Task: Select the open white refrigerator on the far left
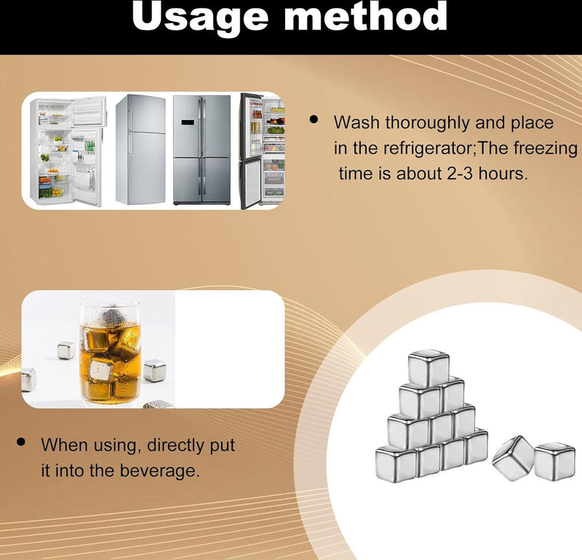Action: (69, 151)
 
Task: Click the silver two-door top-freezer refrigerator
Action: (140, 149)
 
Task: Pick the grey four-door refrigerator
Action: (202, 149)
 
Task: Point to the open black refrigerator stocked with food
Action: (261, 151)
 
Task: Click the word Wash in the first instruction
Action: (356, 123)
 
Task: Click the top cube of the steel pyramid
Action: (428, 368)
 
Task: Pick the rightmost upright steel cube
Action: (555, 462)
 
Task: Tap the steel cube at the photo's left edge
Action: (28, 379)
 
